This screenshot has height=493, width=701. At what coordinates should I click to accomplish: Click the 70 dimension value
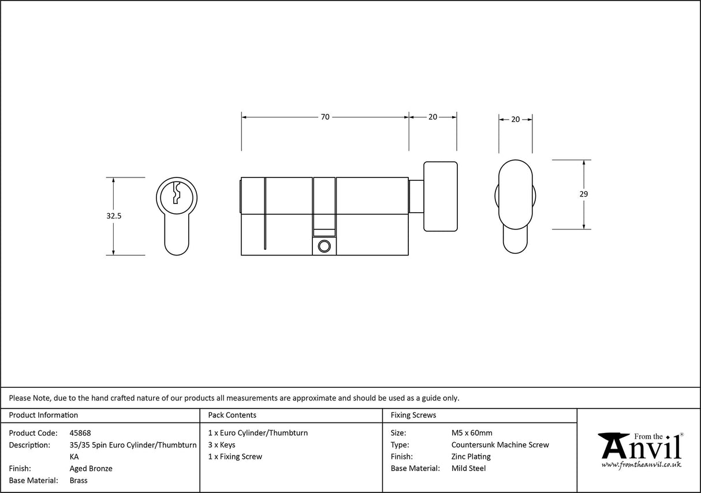(x=325, y=117)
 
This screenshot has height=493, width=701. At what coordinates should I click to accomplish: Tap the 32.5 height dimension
(x=114, y=216)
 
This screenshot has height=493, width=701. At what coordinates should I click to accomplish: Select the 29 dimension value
(x=584, y=194)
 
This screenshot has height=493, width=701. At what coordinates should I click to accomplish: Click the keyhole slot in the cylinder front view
(x=177, y=192)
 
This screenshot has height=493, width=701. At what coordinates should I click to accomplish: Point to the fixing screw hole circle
(x=324, y=246)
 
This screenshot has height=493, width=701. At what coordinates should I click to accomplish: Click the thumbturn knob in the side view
(x=441, y=197)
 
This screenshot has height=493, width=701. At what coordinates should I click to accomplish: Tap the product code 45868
(x=80, y=433)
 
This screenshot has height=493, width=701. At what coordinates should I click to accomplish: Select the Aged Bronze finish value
(x=91, y=469)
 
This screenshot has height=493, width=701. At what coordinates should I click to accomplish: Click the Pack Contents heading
(x=232, y=415)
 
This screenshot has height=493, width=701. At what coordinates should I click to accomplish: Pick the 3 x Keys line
(x=222, y=445)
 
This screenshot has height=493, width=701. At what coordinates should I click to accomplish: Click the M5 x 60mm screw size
(x=472, y=433)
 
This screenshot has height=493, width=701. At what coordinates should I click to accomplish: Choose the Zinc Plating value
(x=471, y=457)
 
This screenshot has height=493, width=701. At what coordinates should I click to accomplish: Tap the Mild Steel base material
(x=468, y=469)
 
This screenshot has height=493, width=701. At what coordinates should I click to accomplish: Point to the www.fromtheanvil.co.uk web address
(x=641, y=465)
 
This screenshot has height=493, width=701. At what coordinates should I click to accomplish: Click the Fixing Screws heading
(x=413, y=415)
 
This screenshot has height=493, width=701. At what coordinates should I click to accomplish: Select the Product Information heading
(x=43, y=415)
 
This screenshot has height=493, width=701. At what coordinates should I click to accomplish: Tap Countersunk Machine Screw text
(x=500, y=445)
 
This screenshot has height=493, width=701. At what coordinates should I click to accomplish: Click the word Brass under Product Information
(x=79, y=480)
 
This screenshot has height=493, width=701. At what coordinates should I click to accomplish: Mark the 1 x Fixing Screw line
(x=235, y=457)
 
